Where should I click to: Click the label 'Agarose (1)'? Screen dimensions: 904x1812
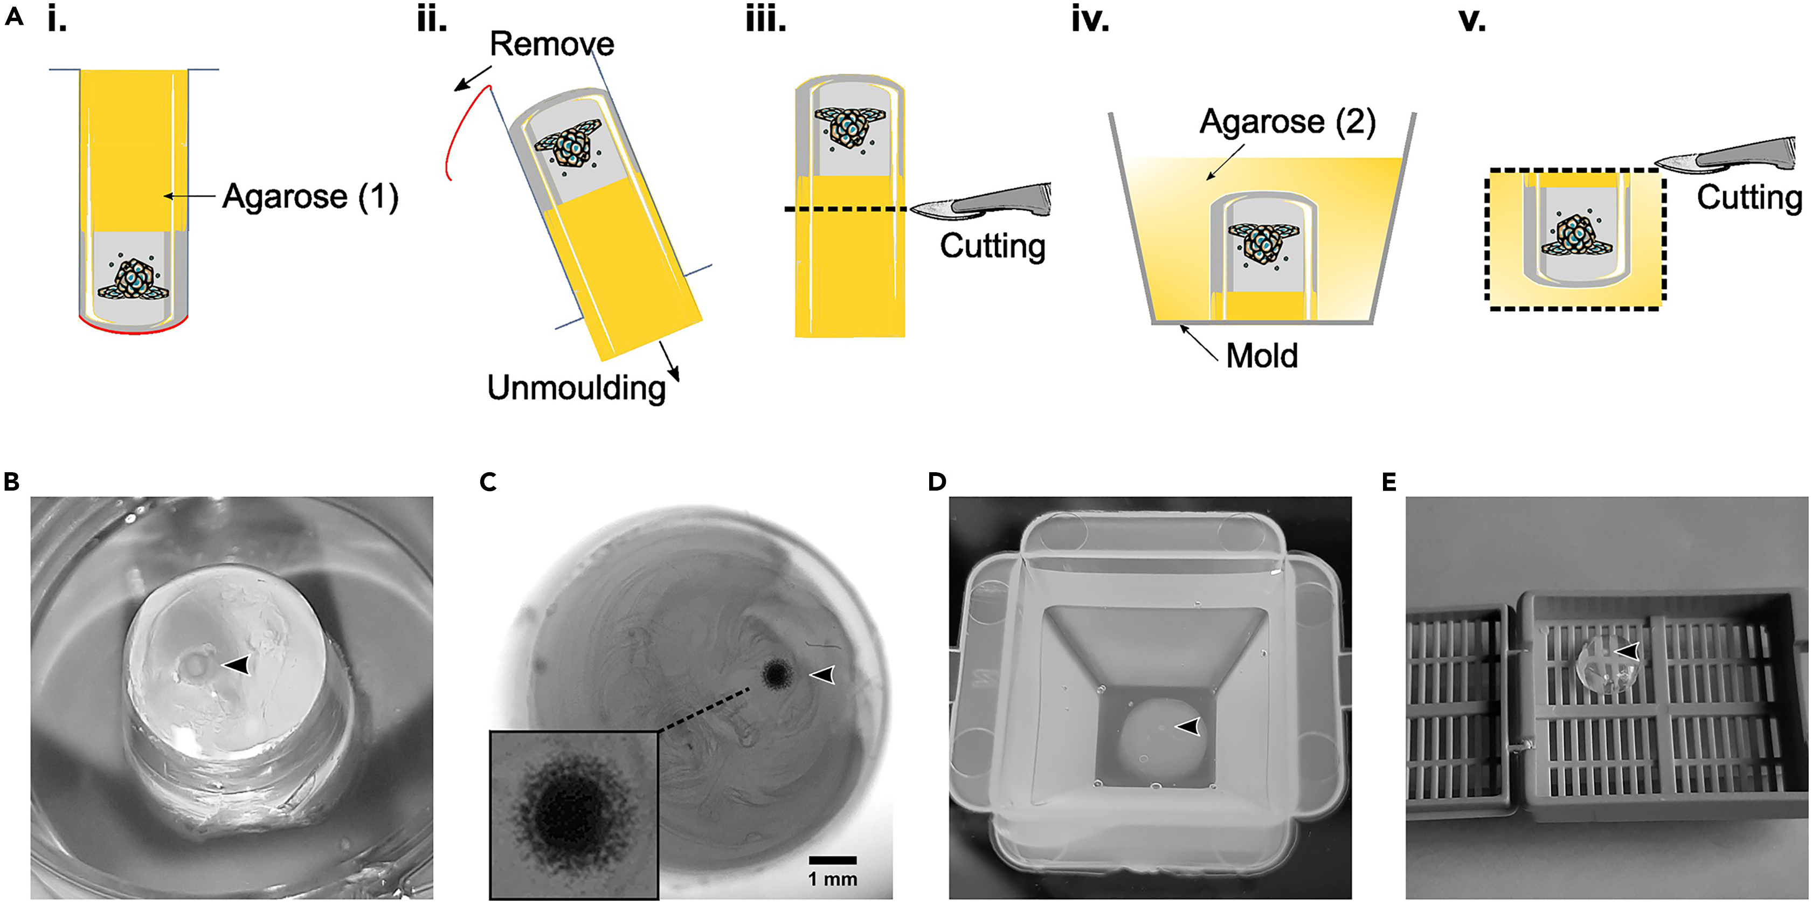tap(310, 196)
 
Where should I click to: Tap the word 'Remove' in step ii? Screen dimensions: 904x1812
tap(551, 44)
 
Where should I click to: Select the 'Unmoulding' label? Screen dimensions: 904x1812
tap(576, 388)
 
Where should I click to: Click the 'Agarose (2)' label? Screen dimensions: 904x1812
tap(1287, 122)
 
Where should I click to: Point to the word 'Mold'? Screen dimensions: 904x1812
tap(1262, 356)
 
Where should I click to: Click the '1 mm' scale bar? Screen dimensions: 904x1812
tap(832, 860)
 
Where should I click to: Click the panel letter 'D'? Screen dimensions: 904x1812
tap(937, 482)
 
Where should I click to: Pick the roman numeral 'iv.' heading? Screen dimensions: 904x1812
tap(1090, 21)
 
